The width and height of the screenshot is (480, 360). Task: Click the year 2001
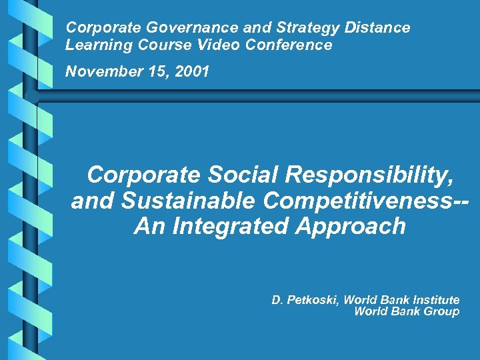(192, 71)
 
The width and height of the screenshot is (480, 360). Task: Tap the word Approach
(353, 227)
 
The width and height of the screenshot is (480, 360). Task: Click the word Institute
(433, 300)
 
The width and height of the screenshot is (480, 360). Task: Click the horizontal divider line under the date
(267, 91)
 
